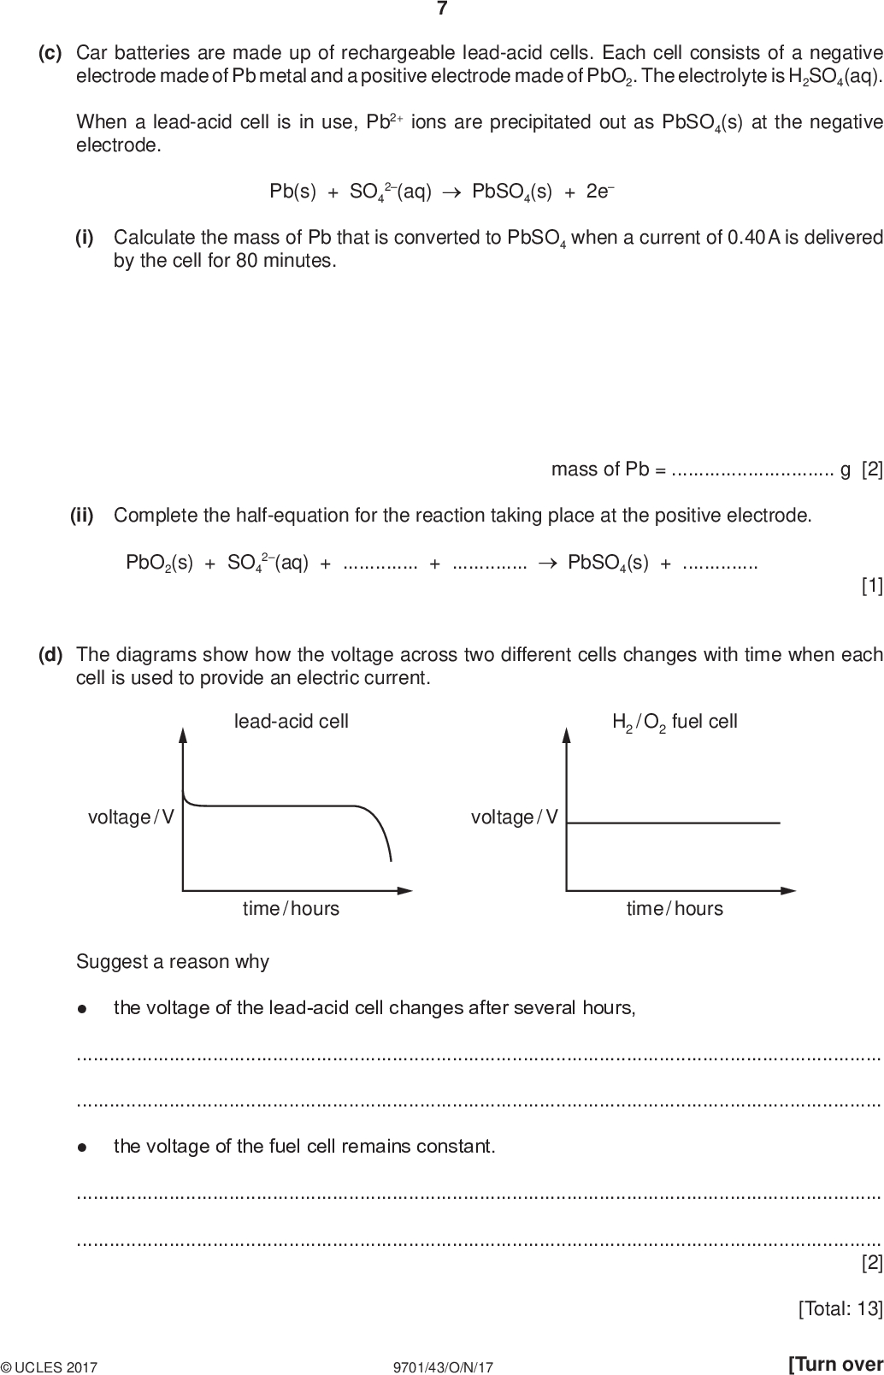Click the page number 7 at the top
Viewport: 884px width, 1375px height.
click(x=442, y=9)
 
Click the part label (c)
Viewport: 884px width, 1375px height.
click(x=50, y=53)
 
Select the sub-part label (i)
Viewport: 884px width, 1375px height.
click(x=85, y=237)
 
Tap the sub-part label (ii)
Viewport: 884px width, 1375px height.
click(x=82, y=516)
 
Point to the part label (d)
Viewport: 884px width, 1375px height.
click(x=50, y=655)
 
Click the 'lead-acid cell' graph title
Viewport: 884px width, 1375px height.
click(x=292, y=722)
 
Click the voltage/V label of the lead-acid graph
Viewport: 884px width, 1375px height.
click(x=131, y=817)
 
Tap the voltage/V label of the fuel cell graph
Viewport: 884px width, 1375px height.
click(x=514, y=817)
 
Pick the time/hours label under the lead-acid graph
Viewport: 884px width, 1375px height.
click(x=291, y=908)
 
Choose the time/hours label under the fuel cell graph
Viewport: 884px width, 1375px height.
click(x=675, y=908)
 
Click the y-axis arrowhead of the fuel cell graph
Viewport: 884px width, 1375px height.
click(x=566, y=732)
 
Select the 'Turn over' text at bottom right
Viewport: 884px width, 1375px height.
click(x=835, y=1363)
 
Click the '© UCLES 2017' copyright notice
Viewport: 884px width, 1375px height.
click(x=50, y=1367)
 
